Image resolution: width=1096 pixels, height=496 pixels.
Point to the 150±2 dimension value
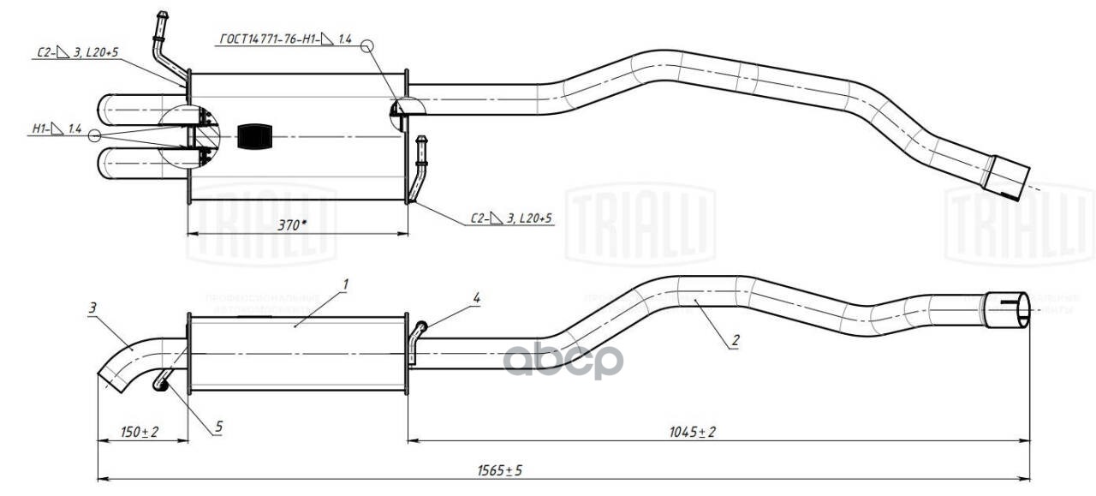pyautogui.click(x=140, y=433)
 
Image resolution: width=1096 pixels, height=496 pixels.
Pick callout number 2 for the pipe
pyautogui.click(x=735, y=340)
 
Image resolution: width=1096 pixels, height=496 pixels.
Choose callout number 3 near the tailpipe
pyautogui.click(x=92, y=306)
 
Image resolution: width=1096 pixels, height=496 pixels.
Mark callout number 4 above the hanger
pyautogui.click(x=476, y=297)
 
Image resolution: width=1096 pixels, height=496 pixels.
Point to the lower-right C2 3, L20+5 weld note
pyautogui.click(x=512, y=219)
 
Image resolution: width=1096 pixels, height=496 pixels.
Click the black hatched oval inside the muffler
pyautogui.click(x=253, y=136)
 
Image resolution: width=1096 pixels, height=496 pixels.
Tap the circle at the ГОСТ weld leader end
pyautogui.click(x=368, y=46)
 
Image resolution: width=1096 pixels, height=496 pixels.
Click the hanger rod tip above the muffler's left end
pyautogui.click(x=160, y=17)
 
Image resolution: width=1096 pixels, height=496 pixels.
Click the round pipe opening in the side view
pyautogui.click(x=1008, y=309)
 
